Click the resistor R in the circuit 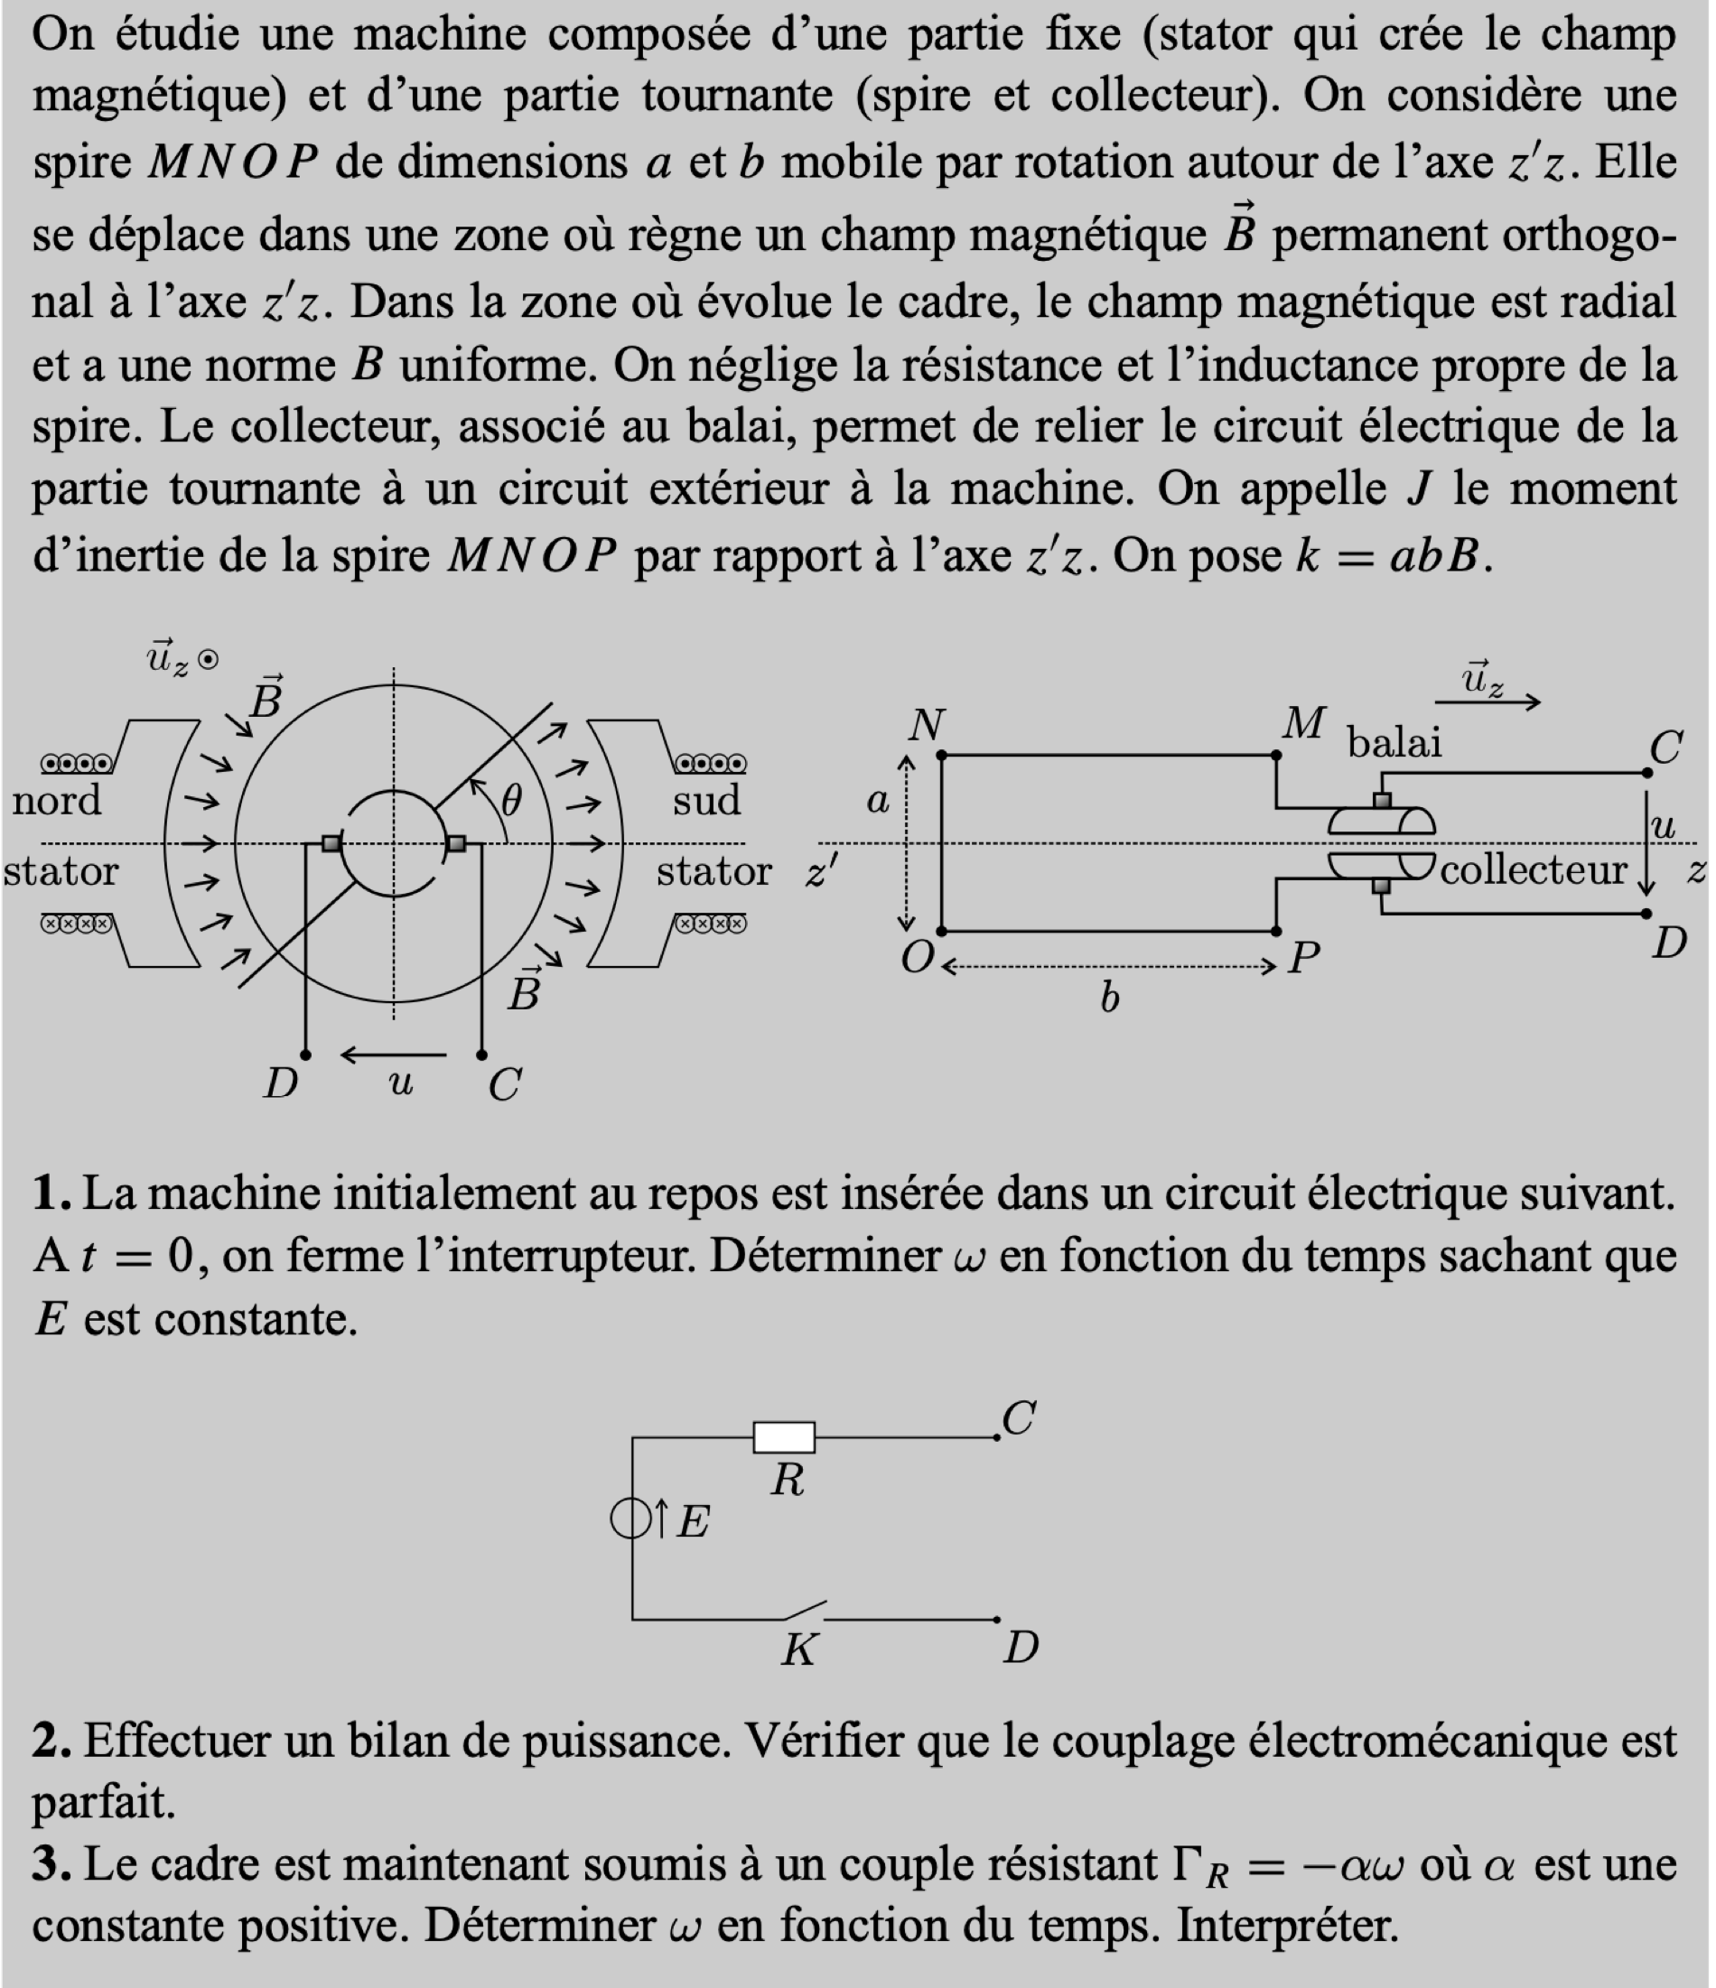(x=783, y=1437)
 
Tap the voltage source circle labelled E (x=630, y=1519)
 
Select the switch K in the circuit (x=800, y=1611)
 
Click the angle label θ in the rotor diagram (x=511, y=799)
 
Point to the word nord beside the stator (x=56, y=800)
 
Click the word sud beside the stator (x=706, y=800)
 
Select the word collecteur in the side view (x=1533, y=870)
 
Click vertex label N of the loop (x=926, y=724)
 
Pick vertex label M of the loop (x=1304, y=723)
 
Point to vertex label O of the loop (x=918, y=957)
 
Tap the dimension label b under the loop (x=1109, y=999)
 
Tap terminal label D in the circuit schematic (x=1021, y=1649)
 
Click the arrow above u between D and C (x=394, y=1055)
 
